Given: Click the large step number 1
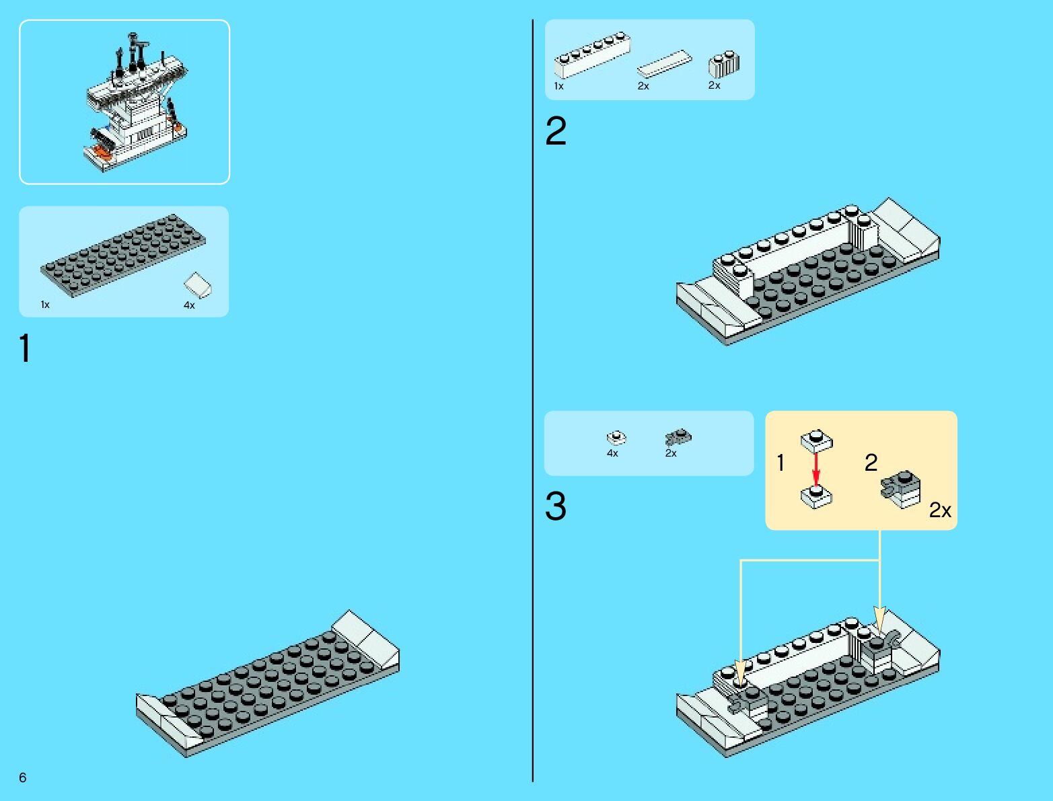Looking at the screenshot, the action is (25, 348).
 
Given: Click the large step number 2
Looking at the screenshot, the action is (556, 131).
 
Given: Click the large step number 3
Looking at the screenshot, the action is (556, 506).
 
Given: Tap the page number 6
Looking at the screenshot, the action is (23, 777).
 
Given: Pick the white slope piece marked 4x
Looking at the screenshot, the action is (198, 285).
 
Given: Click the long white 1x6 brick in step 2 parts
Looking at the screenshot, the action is (592, 55).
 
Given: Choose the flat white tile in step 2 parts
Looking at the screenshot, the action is (664, 64).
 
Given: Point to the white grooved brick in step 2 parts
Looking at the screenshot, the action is (723, 64).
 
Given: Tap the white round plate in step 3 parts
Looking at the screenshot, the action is (616, 438).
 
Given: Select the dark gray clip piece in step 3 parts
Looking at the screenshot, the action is (678, 438).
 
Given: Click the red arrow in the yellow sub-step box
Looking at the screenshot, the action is (816, 469).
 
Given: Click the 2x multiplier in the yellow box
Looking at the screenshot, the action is (940, 510).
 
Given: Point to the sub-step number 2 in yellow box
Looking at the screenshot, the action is (871, 463).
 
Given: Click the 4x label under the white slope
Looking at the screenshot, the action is (189, 305).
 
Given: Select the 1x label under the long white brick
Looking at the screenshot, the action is (558, 86).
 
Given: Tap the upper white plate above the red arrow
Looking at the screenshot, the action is (816, 441).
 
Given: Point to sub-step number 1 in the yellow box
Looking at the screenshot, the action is (780, 463).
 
